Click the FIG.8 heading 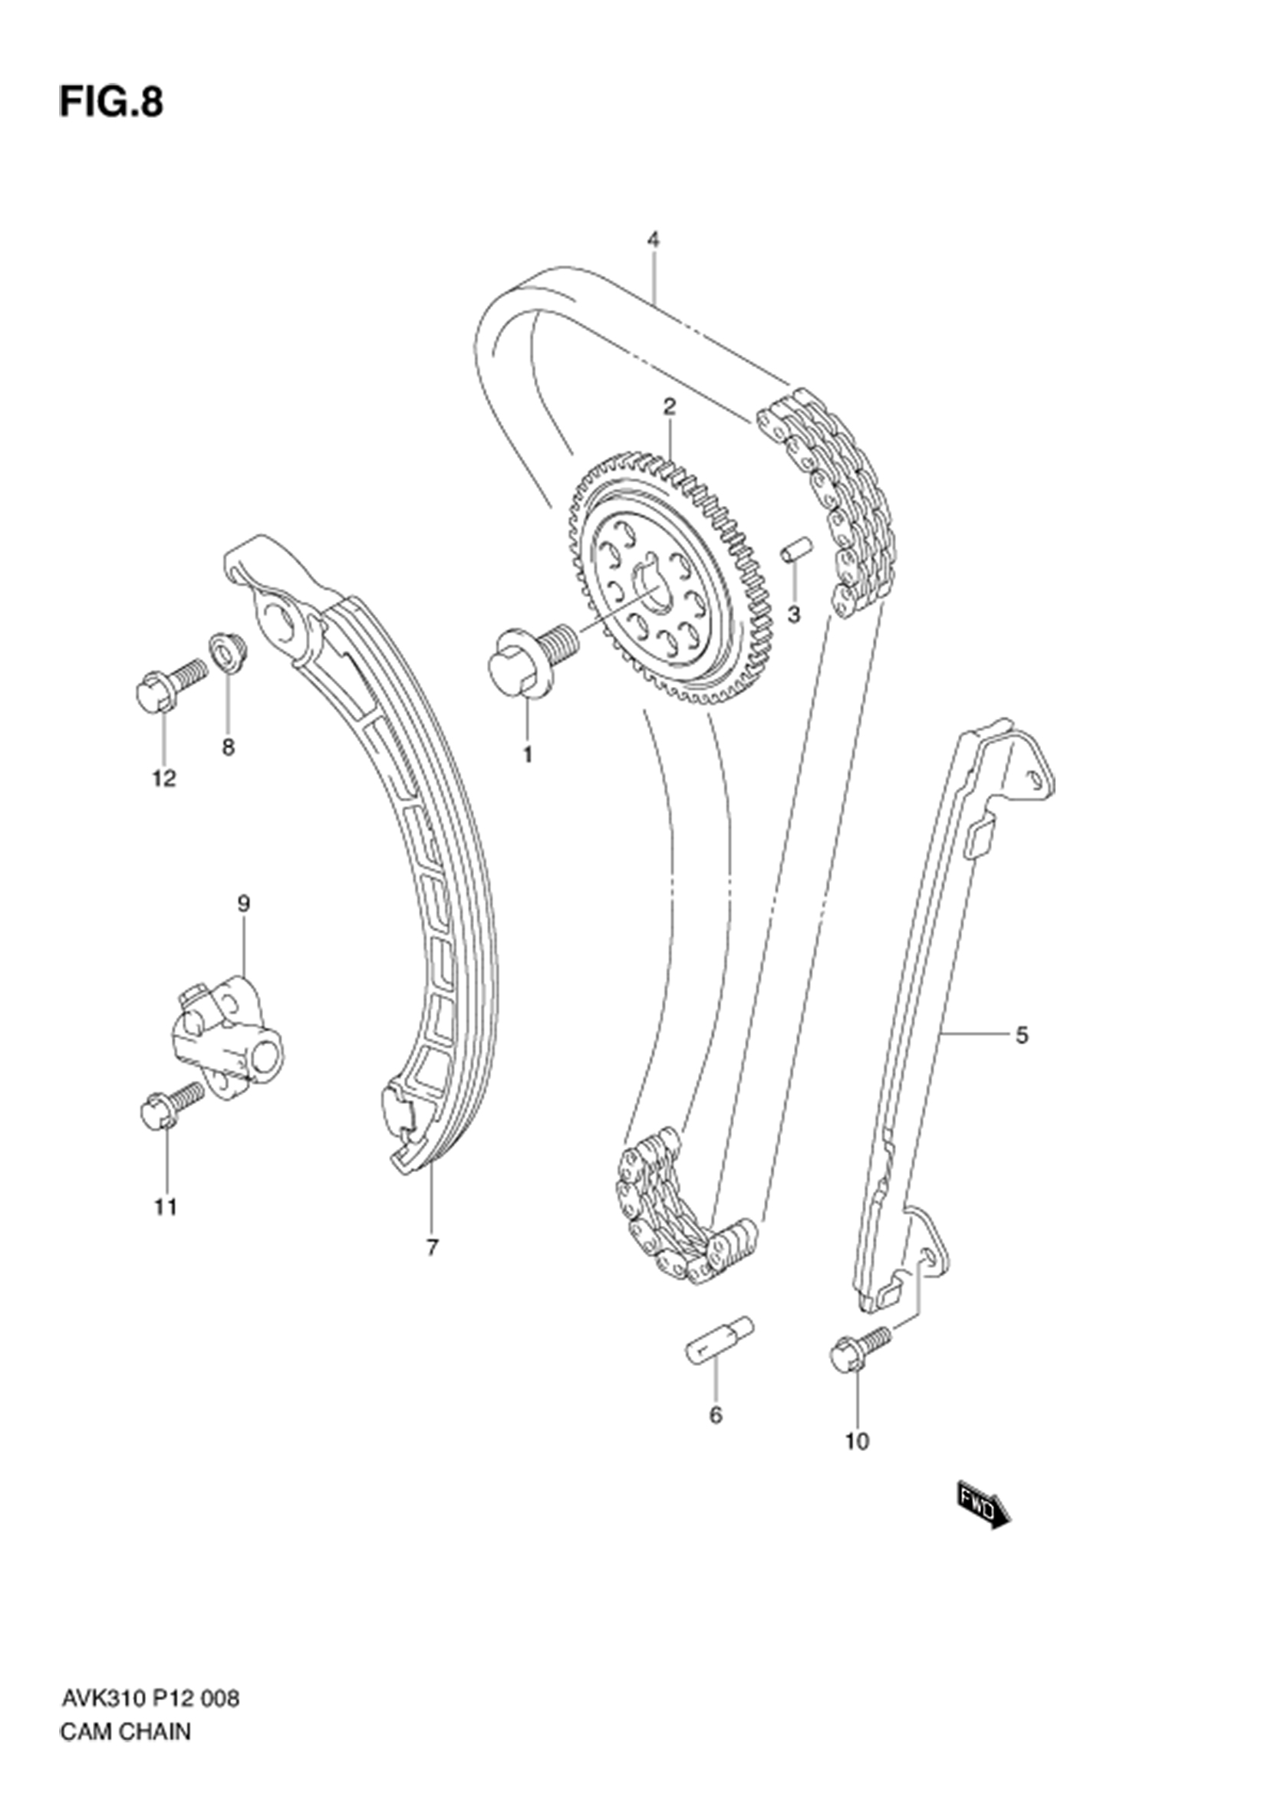[x=111, y=102]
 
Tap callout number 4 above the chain [x=653, y=240]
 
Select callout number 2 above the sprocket [x=670, y=407]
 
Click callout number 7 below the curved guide [x=432, y=1247]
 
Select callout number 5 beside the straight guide [x=1022, y=1036]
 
